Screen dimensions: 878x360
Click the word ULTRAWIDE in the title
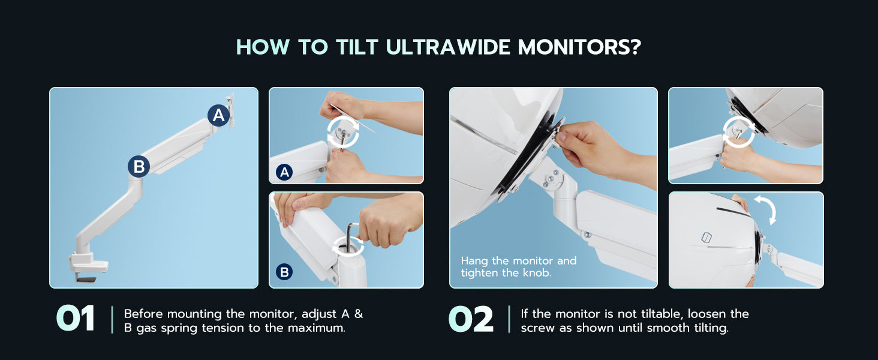(x=448, y=47)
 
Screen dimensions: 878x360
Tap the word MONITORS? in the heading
(x=579, y=47)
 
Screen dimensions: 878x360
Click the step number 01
(x=75, y=319)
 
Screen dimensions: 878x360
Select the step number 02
(x=471, y=319)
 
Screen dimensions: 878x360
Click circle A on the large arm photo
(x=218, y=115)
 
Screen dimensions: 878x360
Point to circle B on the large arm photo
(x=139, y=167)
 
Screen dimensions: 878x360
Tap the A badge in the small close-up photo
(x=284, y=172)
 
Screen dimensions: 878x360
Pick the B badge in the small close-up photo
(x=284, y=272)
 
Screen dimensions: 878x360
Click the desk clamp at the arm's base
(x=88, y=266)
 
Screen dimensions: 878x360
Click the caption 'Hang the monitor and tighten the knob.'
(x=519, y=266)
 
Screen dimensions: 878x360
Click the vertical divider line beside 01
(x=113, y=320)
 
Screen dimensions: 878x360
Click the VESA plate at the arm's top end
(x=230, y=110)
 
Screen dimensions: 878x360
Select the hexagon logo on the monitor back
(x=706, y=237)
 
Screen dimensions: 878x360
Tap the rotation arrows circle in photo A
(x=343, y=131)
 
